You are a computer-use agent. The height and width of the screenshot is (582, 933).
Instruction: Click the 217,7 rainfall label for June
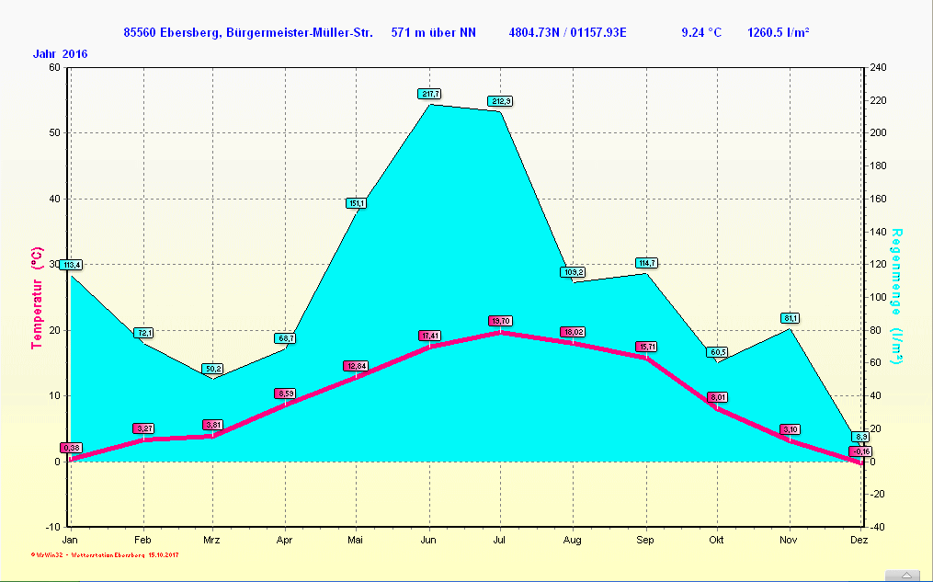coord(429,94)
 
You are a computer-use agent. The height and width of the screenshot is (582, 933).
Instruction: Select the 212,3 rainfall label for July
coord(501,100)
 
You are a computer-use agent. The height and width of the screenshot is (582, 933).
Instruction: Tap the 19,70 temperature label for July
coord(500,321)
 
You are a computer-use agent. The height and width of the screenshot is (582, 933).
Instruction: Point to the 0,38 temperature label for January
coord(71,448)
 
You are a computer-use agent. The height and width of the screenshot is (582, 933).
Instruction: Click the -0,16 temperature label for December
coord(860,451)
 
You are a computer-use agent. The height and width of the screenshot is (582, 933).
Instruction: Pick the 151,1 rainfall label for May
coord(357,203)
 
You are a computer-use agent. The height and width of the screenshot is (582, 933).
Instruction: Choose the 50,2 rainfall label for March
coord(213,368)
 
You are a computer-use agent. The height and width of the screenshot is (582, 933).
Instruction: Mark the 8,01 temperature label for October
coord(717,397)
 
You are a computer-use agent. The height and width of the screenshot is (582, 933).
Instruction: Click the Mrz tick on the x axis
coord(212,540)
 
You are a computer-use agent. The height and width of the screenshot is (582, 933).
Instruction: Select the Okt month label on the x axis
coord(716,540)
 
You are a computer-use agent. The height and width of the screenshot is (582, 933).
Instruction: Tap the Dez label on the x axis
coord(859,540)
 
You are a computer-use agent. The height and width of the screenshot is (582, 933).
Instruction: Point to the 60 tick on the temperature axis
coord(54,67)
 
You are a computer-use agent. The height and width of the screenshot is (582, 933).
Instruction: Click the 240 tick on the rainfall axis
coord(878,67)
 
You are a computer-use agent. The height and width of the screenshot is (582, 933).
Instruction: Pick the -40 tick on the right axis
coord(877,527)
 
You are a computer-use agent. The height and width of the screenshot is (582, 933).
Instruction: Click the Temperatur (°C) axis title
coord(38,297)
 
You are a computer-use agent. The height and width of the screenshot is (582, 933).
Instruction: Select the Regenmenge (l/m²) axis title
coord(897,296)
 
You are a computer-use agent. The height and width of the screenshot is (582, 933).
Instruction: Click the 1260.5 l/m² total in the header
coord(779,33)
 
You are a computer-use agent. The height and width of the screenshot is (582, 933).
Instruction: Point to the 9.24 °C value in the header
coord(701,33)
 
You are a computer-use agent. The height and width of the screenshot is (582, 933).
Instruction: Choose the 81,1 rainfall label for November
coord(791,318)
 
